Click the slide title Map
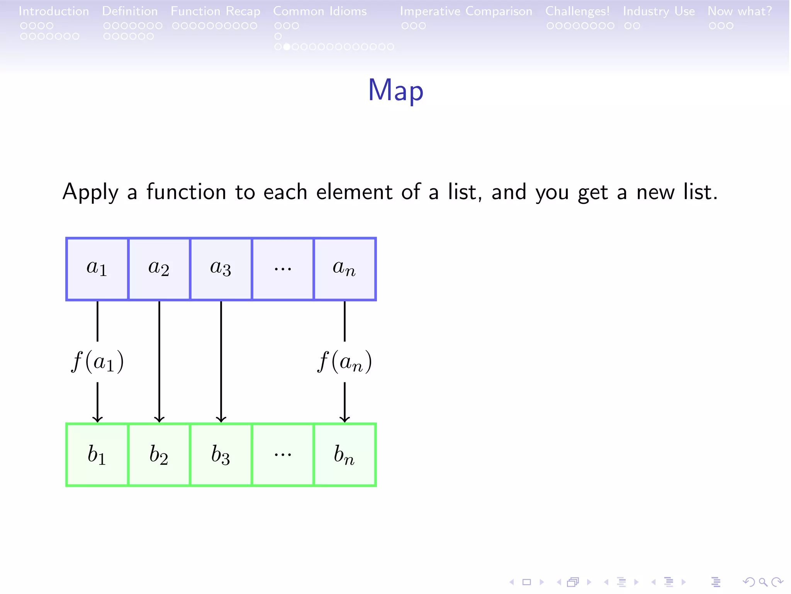point(395,90)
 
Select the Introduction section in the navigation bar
point(54,11)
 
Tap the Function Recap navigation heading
point(216,11)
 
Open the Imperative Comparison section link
point(466,11)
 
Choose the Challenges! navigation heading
point(577,11)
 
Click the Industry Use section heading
point(659,11)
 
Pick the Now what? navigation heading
point(740,11)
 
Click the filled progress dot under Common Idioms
point(287,47)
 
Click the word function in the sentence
point(186,192)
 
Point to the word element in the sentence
point(354,192)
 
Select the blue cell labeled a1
point(97,269)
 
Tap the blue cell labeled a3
point(221,269)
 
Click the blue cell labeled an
point(345,269)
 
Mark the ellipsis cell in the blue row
point(283,269)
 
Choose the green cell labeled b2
point(159,455)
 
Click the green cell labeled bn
point(345,455)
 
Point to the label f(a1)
point(97,362)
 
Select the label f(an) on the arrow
point(345,362)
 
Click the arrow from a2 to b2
point(159,362)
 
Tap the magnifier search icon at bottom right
point(763,582)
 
